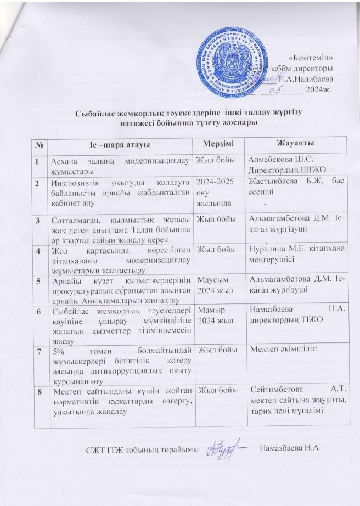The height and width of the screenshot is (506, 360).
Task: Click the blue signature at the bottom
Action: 226,449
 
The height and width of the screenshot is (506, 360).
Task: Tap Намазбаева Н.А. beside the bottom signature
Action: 290,450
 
